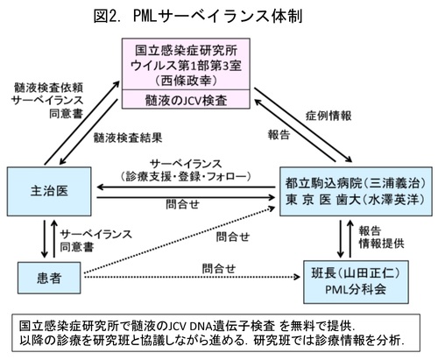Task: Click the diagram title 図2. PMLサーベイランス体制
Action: (x=198, y=16)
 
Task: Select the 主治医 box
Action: (x=49, y=191)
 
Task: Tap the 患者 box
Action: (x=49, y=278)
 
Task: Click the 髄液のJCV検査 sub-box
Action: (x=186, y=100)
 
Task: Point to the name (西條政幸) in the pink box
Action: (x=186, y=81)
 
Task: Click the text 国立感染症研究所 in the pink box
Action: (x=186, y=51)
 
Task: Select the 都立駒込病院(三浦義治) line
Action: (x=356, y=183)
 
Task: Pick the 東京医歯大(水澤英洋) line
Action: (x=356, y=200)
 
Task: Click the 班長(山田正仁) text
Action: (x=356, y=273)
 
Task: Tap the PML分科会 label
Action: (x=356, y=290)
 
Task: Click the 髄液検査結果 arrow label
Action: (x=128, y=138)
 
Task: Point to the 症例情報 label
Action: (x=328, y=116)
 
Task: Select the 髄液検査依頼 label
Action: (x=48, y=88)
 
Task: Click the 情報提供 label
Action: (x=381, y=244)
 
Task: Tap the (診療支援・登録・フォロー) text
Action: (x=186, y=176)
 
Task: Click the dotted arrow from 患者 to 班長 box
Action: (x=192, y=277)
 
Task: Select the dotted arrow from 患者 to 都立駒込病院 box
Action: (x=180, y=240)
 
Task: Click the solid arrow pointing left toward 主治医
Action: (x=186, y=187)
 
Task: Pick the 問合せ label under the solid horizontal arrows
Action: (x=182, y=204)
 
